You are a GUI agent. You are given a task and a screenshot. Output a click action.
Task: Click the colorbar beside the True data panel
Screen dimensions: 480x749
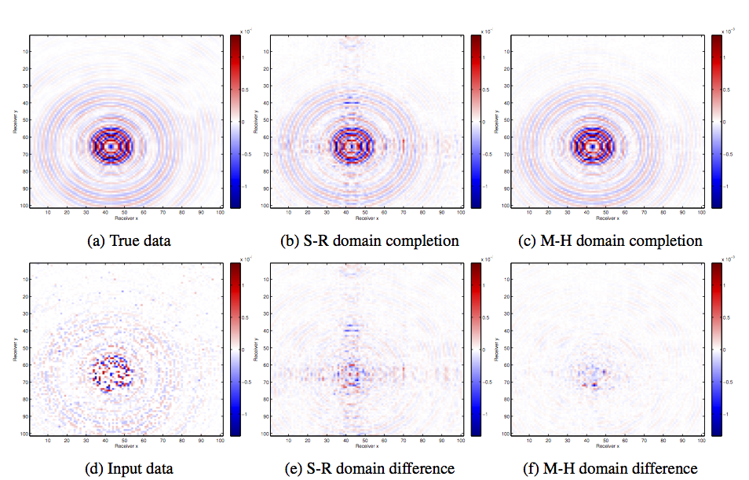click(x=236, y=122)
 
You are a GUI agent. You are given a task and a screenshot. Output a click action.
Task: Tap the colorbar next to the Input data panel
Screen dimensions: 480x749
click(x=236, y=350)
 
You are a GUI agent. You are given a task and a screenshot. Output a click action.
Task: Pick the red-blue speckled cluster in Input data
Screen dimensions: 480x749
click(x=112, y=372)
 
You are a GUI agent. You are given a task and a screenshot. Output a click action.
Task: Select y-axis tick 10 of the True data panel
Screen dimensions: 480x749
click(x=26, y=52)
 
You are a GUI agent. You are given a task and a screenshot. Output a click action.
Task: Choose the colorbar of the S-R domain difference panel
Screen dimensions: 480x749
click(x=476, y=350)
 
